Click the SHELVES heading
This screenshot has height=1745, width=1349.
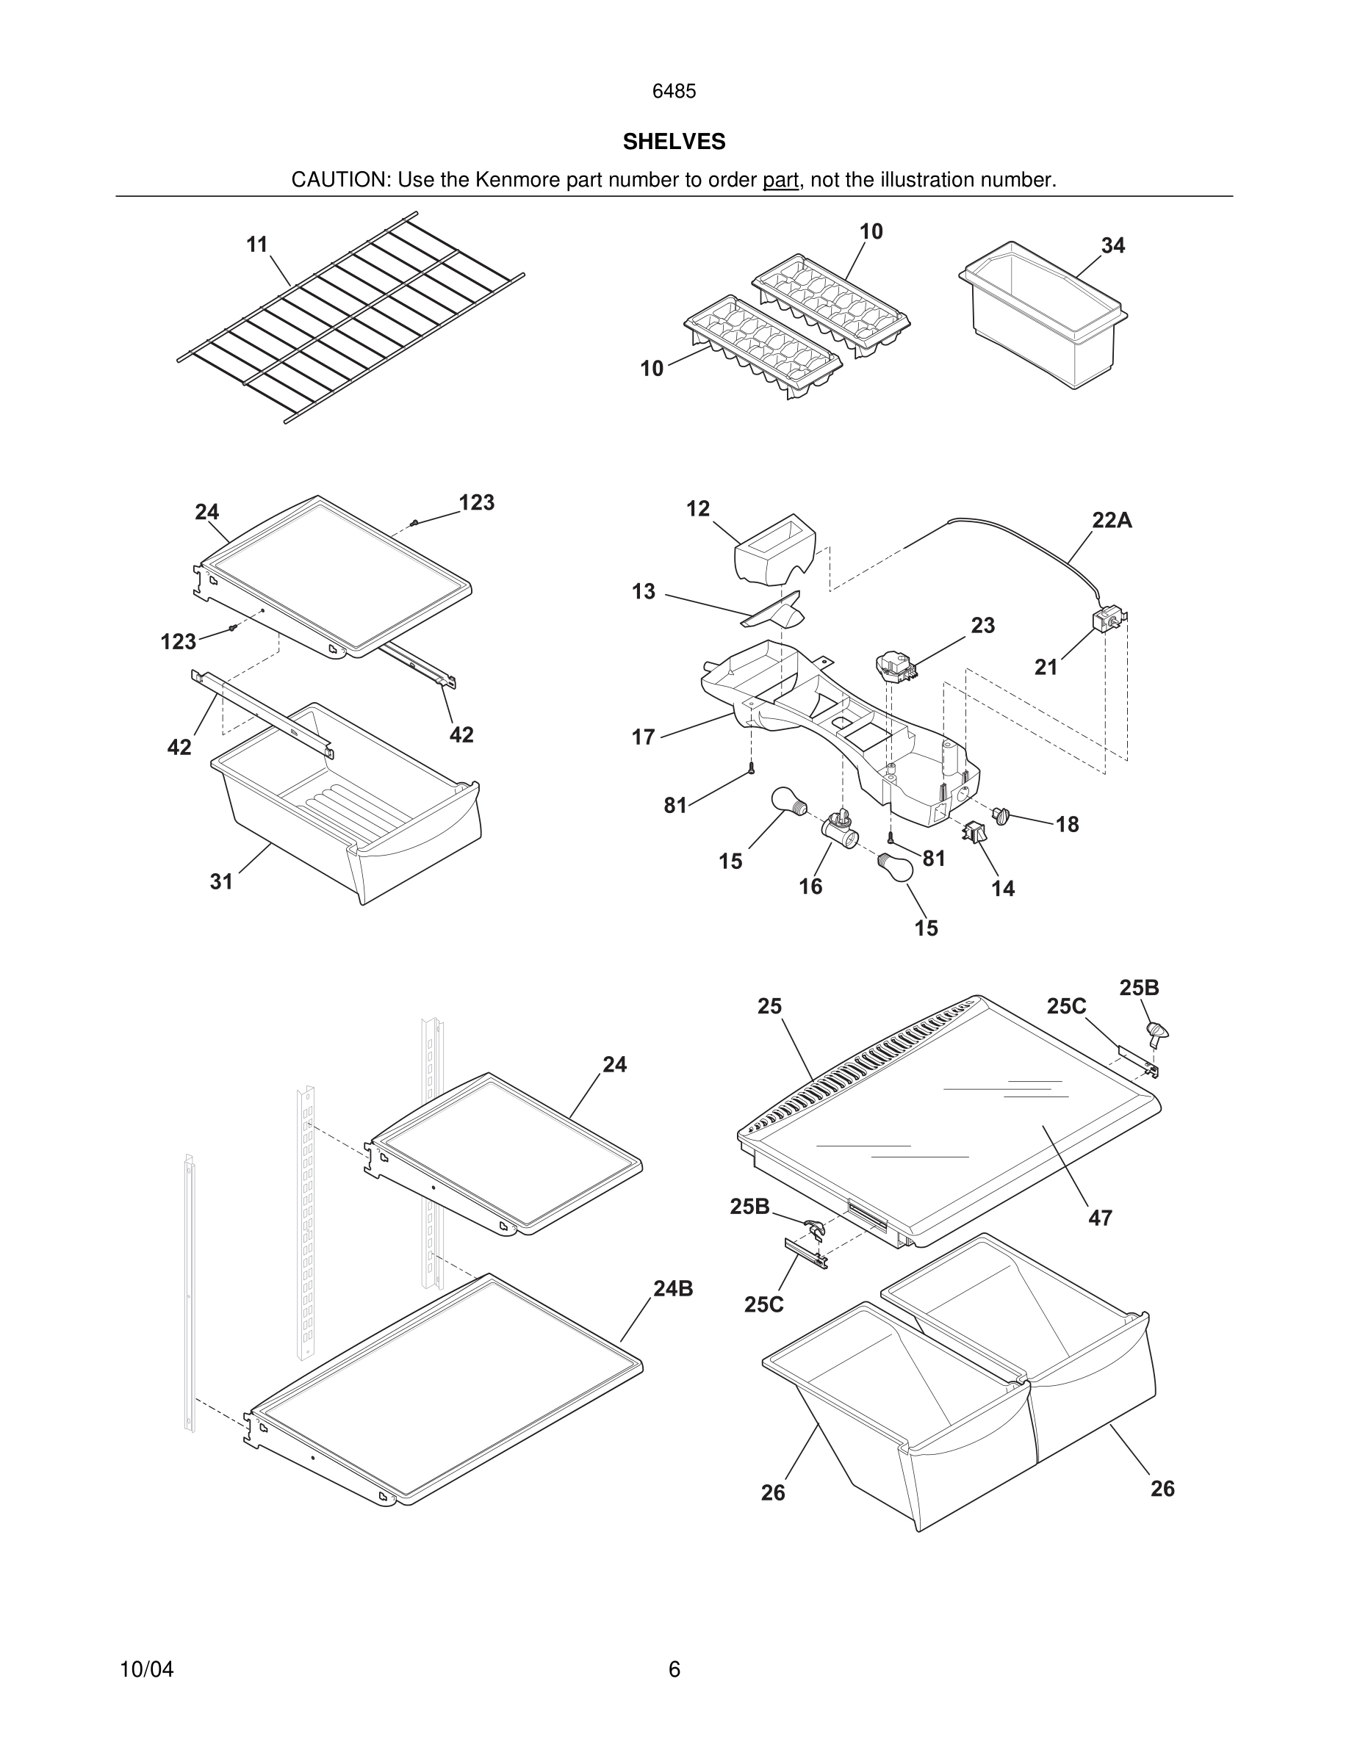[674, 142]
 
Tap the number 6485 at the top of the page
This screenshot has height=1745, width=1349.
[674, 91]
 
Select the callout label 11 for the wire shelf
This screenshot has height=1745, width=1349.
[256, 245]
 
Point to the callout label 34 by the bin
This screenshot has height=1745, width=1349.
[1112, 246]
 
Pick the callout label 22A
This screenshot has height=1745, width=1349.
[1112, 520]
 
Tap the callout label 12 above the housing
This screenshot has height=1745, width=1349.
[698, 509]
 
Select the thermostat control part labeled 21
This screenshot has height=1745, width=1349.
[1107, 621]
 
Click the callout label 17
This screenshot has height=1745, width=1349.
[644, 737]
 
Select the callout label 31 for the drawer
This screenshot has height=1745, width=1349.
[221, 881]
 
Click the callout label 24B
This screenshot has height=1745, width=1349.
[673, 1289]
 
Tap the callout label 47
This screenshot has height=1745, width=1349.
[1101, 1218]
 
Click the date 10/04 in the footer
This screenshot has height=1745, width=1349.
[146, 1669]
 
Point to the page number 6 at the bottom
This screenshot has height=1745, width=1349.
[674, 1669]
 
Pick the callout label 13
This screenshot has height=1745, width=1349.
[644, 591]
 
